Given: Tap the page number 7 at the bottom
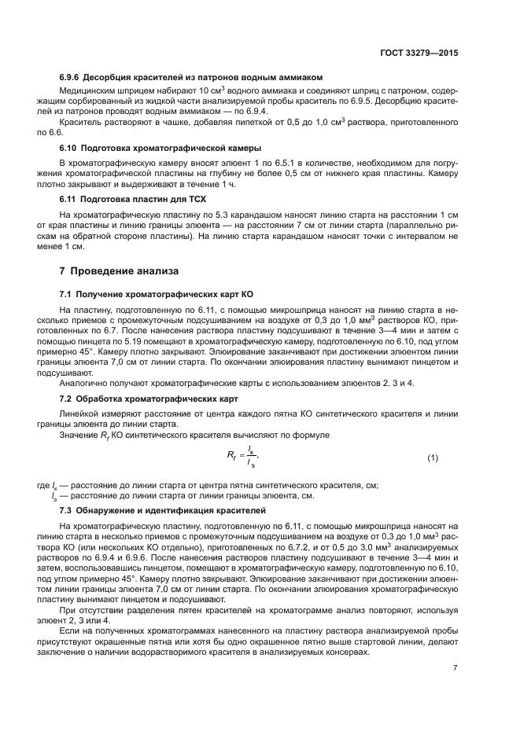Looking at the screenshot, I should (x=455, y=667).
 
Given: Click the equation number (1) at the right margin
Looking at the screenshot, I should (x=432, y=458).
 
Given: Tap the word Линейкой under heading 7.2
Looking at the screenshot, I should (x=79, y=413).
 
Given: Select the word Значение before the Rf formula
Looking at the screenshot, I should (x=81, y=434).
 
